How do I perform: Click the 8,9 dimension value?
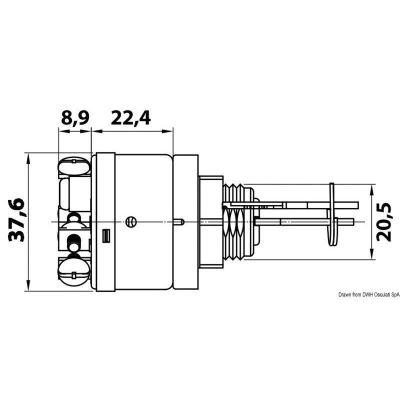point(75,118)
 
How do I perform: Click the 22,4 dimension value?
point(131,118)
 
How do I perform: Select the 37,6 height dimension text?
point(16,220)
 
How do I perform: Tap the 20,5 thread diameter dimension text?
point(384,222)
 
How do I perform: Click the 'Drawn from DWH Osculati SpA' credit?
point(369,294)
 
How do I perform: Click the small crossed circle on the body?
point(131,221)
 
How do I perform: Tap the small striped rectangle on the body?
point(106,235)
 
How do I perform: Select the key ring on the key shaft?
point(331,214)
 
